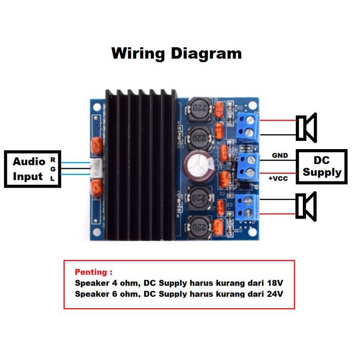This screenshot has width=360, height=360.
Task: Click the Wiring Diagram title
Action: (176, 53)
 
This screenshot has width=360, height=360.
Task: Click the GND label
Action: (280, 155)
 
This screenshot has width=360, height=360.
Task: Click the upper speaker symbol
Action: (306, 127)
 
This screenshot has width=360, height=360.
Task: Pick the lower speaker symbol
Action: (306, 206)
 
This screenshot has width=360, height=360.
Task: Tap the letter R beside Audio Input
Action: (52, 160)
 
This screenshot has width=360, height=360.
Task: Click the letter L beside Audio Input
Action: (52, 178)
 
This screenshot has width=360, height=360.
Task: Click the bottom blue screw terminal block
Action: (247, 206)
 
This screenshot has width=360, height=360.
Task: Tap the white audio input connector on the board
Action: (96, 168)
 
